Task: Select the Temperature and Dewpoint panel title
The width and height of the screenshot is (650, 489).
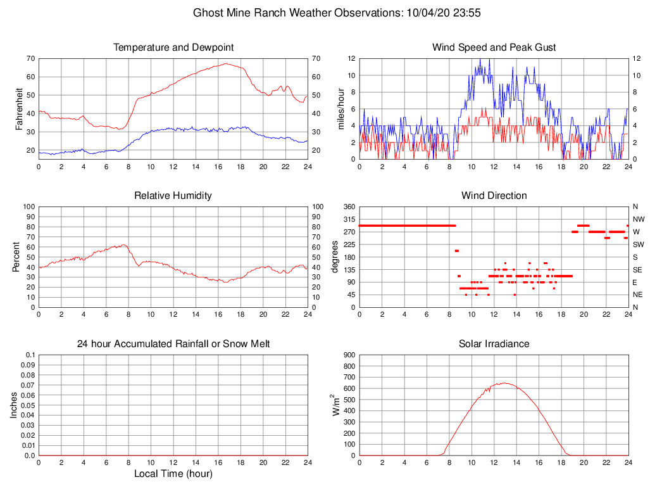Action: pos(173,48)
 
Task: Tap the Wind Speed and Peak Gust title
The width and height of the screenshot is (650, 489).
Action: pos(494,48)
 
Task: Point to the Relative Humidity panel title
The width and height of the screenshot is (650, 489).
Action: pos(173,196)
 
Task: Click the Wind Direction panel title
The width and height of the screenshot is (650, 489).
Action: pos(494,196)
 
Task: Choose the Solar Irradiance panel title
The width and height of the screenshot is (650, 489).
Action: pos(494,344)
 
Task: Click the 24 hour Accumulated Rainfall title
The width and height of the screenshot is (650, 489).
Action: pos(173,344)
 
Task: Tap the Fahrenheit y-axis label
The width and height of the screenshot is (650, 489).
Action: pos(20,108)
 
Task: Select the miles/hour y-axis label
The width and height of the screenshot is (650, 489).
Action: pos(341,108)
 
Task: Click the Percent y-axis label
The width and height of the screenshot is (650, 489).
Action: pos(16,257)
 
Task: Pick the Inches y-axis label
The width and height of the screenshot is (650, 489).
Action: pos(14,405)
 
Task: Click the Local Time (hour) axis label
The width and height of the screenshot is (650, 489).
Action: pos(173,473)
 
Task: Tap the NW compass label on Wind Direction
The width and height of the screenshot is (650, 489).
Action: pos(639,219)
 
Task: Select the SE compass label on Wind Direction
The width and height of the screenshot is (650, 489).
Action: pos(637,270)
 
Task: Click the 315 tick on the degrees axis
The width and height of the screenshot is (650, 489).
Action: pos(349,219)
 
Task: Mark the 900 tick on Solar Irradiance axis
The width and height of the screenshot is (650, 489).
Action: pos(349,355)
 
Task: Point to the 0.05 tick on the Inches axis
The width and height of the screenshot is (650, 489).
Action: pos(28,405)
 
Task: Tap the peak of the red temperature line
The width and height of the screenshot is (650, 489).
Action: pos(226,63)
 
